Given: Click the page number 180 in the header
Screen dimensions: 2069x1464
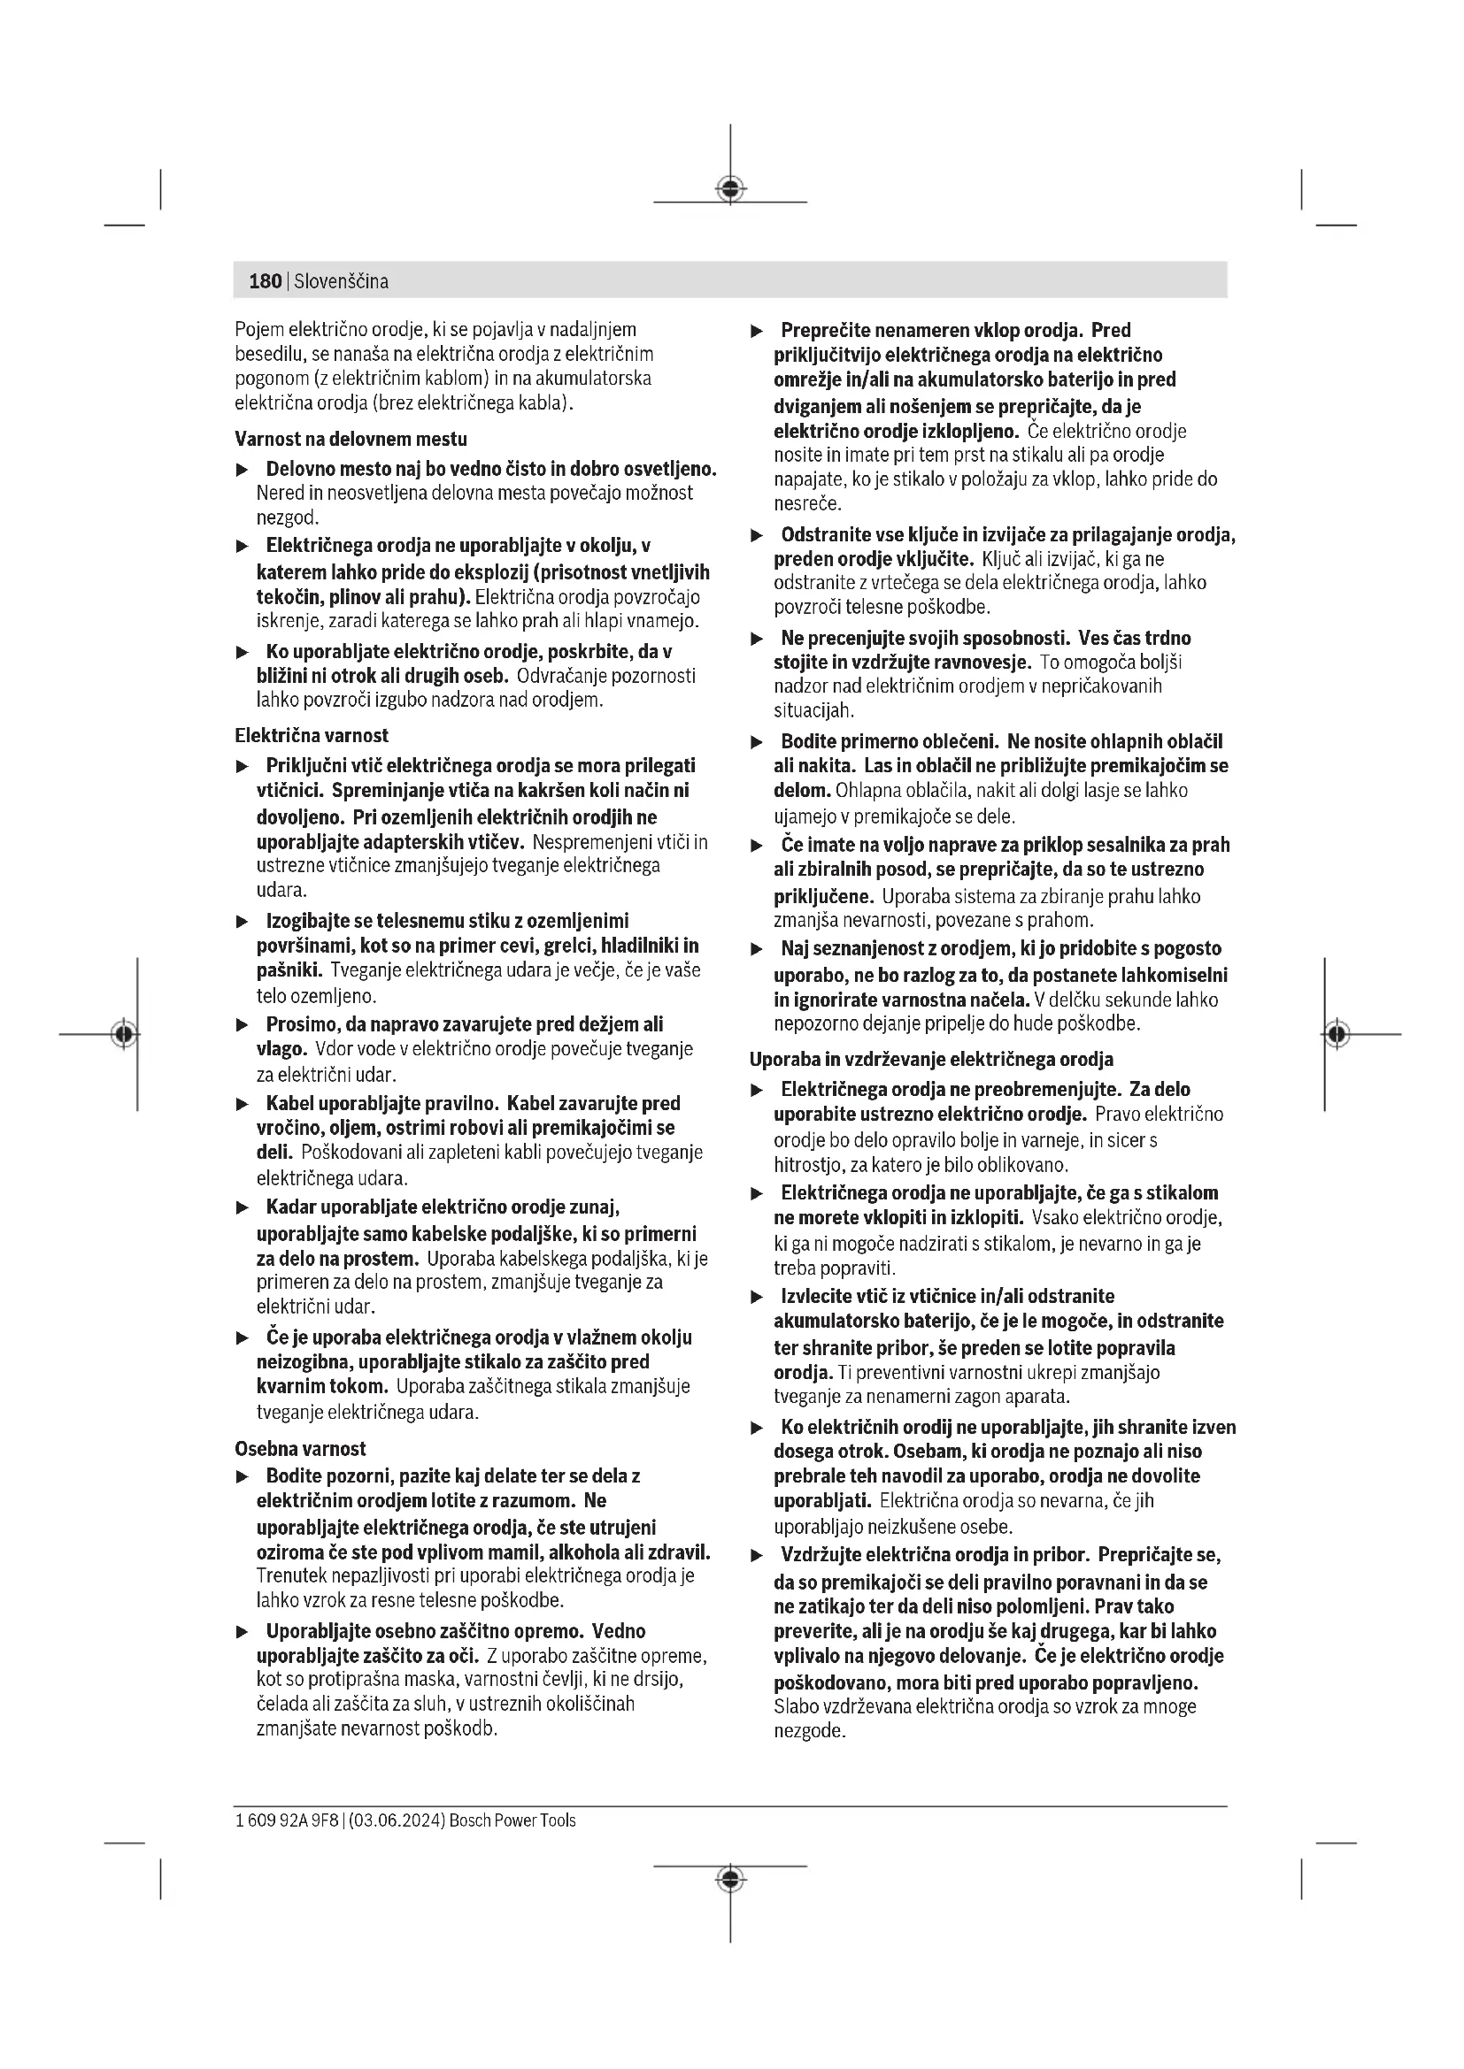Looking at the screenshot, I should point(265,281).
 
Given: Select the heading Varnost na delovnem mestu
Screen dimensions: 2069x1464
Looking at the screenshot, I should point(351,439).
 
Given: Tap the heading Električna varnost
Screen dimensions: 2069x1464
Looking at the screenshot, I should point(311,735).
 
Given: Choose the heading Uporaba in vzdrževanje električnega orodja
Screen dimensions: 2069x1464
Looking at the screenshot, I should point(931,1059).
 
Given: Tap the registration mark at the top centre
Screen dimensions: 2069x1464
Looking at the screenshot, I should point(730,189).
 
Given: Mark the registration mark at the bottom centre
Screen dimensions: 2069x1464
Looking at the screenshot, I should point(730,1878).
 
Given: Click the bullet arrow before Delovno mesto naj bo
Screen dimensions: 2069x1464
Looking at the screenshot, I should point(242,471).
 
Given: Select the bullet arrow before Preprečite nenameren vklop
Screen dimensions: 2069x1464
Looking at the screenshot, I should point(758,332).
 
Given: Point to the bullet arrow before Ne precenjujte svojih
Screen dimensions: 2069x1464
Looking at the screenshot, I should point(758,639).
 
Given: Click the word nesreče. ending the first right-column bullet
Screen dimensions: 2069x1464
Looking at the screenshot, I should point(807,503).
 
